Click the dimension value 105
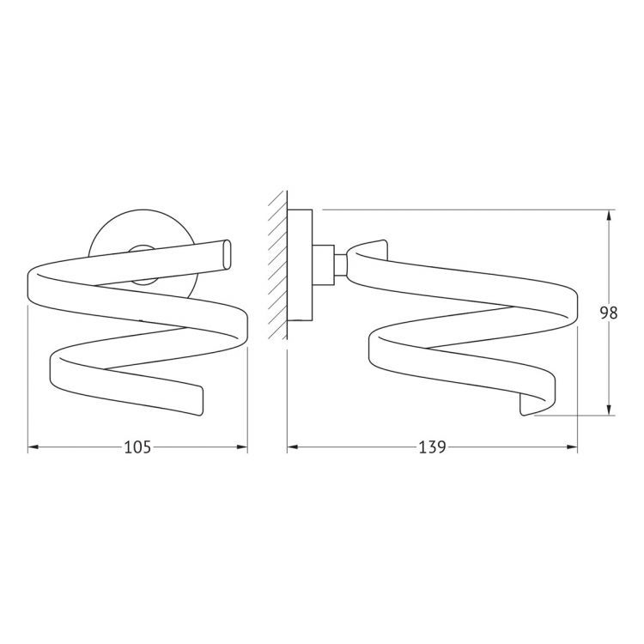(x=137, y=447)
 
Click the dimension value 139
(x=433, y=447)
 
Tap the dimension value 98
(x=609, y=313)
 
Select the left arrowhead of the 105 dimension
(x=33, y=447)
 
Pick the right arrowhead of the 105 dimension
(x=242, y=447)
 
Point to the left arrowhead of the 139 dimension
(x=293, y=447)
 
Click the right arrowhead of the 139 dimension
(x=572, y=447)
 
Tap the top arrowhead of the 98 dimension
(x=609, y=216)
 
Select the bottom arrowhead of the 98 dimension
(x=609, y=409)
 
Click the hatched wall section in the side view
(x=278, y=265)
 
